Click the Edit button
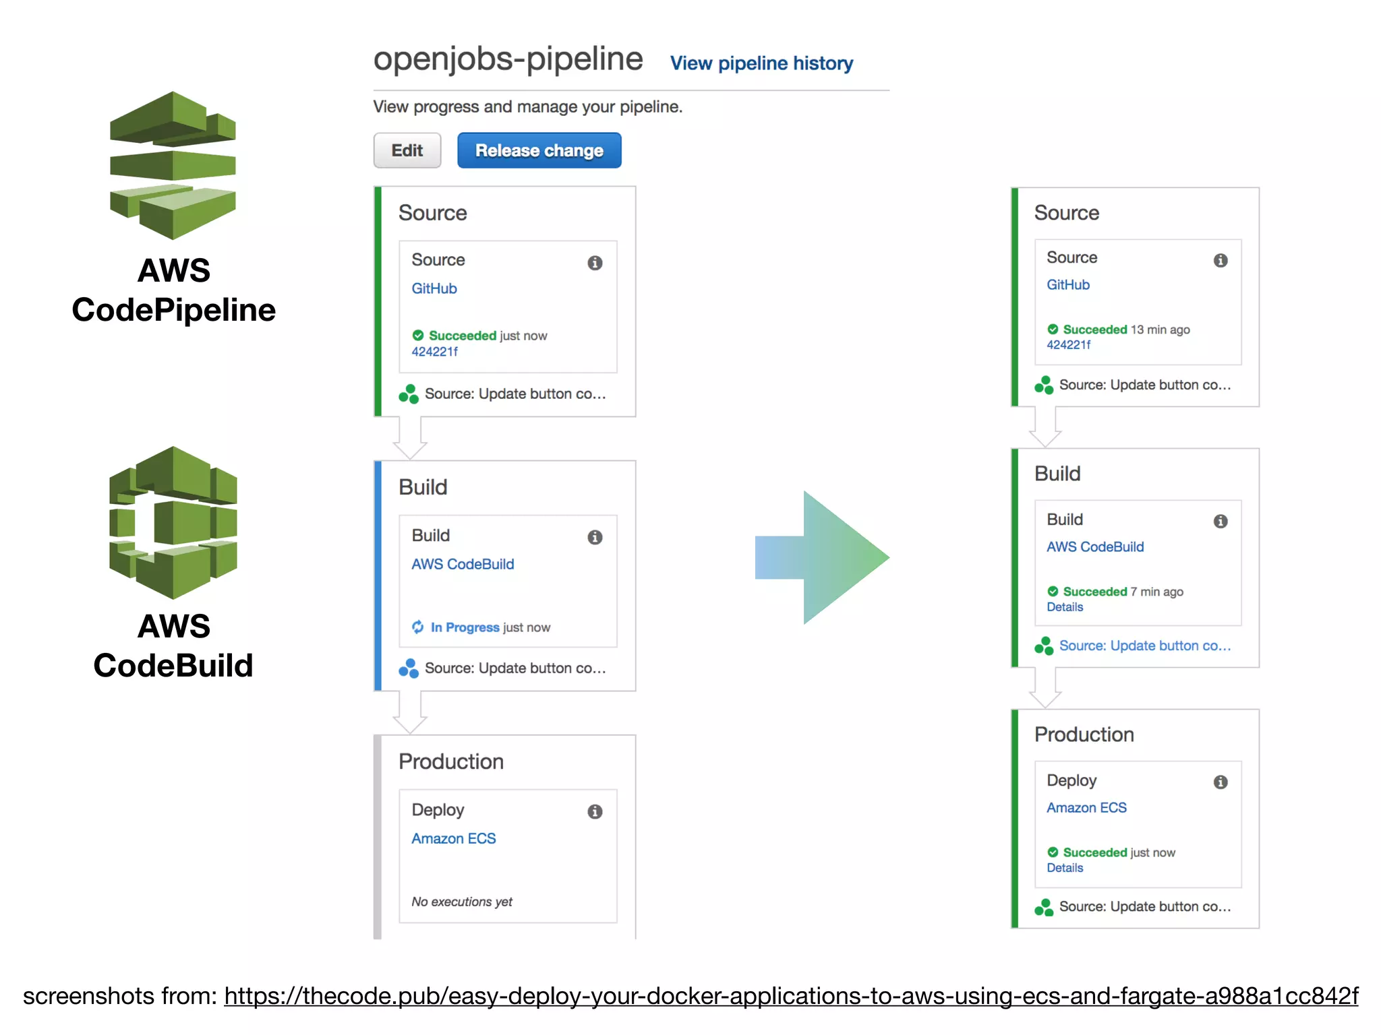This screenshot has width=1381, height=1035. [x=407, y=150]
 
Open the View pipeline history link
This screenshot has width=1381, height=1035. [x=761, y=63]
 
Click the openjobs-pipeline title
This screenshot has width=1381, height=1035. [x=508, y=59]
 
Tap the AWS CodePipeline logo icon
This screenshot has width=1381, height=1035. [x=173, y=165]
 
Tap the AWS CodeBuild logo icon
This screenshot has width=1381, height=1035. [x=173, y=522]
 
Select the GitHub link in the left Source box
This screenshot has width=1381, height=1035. [x=434, y=288]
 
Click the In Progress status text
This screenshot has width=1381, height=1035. [x=465, y=627]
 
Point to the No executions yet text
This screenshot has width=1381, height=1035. [x=462, y=902]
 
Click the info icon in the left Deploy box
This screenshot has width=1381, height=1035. [x=595, y=811]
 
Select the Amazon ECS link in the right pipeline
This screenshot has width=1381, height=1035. [x=1086, y=807]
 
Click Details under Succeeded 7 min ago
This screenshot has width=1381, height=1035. [x=1065, y=607]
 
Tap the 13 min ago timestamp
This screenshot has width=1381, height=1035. [x=1160, y=330]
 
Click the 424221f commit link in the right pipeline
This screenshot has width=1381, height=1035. [x=1068, y=345]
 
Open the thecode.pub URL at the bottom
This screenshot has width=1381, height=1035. [x=791, y=995]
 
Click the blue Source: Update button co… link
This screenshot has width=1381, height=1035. [x=1144, y=646]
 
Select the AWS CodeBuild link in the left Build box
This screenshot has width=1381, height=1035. [x=463, y=564]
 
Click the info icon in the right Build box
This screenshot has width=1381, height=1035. [x=1221, y=521]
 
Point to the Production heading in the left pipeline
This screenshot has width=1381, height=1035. [x=451, y=761]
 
